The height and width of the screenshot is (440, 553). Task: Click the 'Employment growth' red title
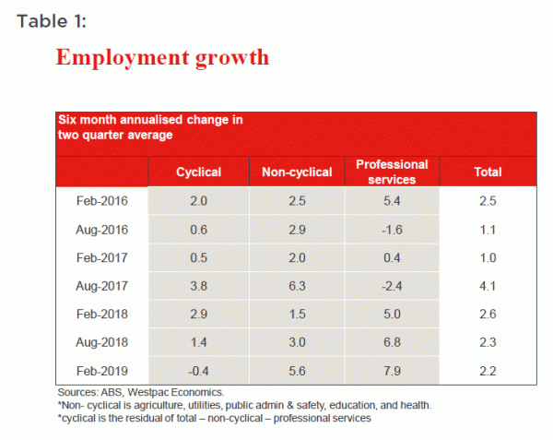[x=162, y=57]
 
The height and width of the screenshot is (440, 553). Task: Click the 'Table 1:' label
[x=52, y=19]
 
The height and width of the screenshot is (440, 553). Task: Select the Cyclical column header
[x=198, y=172]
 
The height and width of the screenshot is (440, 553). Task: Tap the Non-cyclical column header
[x=298, y=172]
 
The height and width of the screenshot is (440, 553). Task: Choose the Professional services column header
[x=391, y=172]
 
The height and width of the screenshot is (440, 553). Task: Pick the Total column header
[x=488, y=172]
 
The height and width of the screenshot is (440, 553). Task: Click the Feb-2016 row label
[x=102, y=200]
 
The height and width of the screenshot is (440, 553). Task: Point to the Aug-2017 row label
[x=102, y=288]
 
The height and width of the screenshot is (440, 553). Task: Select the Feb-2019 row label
[x=102, y=374]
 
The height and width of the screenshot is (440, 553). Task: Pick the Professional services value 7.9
[x=392, y=374]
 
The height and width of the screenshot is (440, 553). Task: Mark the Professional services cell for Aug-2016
[x=392, y=230]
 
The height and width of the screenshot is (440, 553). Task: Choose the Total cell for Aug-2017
[x=488, y=288]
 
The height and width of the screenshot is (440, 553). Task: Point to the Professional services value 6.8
[x=392, y=345]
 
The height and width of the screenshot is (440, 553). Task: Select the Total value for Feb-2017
[x=488, y=258]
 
